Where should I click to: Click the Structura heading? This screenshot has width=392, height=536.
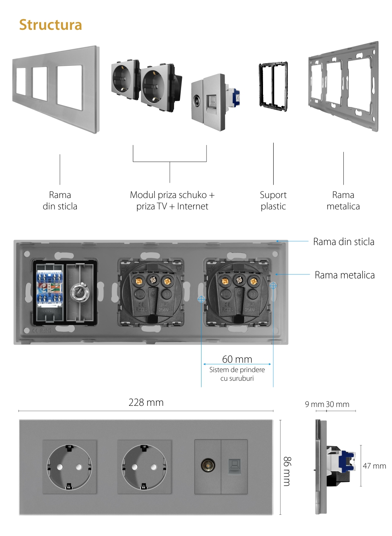click(x=51, y=25)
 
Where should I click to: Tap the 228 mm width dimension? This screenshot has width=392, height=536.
click(x=146, y=403)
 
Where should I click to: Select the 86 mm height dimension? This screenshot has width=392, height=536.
click(x=287, y=471)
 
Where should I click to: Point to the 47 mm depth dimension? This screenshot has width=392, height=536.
click(x=374, y=466)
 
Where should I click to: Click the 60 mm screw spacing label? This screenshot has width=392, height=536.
click(x=237, y=359)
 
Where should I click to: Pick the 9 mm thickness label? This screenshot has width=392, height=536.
click(x=314, y=404)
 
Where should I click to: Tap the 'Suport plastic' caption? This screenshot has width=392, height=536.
click(x=273, y=200)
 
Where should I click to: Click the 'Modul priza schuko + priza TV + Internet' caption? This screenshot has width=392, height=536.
click(x=172, y=200)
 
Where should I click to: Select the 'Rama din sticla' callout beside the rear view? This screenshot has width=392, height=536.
click(x=343, y=242)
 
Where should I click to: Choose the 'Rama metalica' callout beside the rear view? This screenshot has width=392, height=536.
click(x=345, y=275)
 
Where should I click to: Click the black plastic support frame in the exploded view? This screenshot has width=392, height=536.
click(x=273, y=85)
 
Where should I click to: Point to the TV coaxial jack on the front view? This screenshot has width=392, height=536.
click(x=208, y=465)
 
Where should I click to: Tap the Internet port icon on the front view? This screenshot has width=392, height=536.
click(x=234, y=466)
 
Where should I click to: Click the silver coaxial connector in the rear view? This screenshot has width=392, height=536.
click(x=80, y=293)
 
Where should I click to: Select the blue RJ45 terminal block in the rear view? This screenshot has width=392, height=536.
click(x=49, y=288)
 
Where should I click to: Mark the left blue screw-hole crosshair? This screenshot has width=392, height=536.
click(x=201, y=299)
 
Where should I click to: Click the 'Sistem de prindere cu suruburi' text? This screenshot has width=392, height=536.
click(x=237, y=374)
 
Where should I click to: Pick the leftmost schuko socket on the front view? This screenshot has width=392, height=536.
click(x=69, y=467)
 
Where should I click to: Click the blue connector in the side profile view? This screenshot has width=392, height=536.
click(x=347, y=461)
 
